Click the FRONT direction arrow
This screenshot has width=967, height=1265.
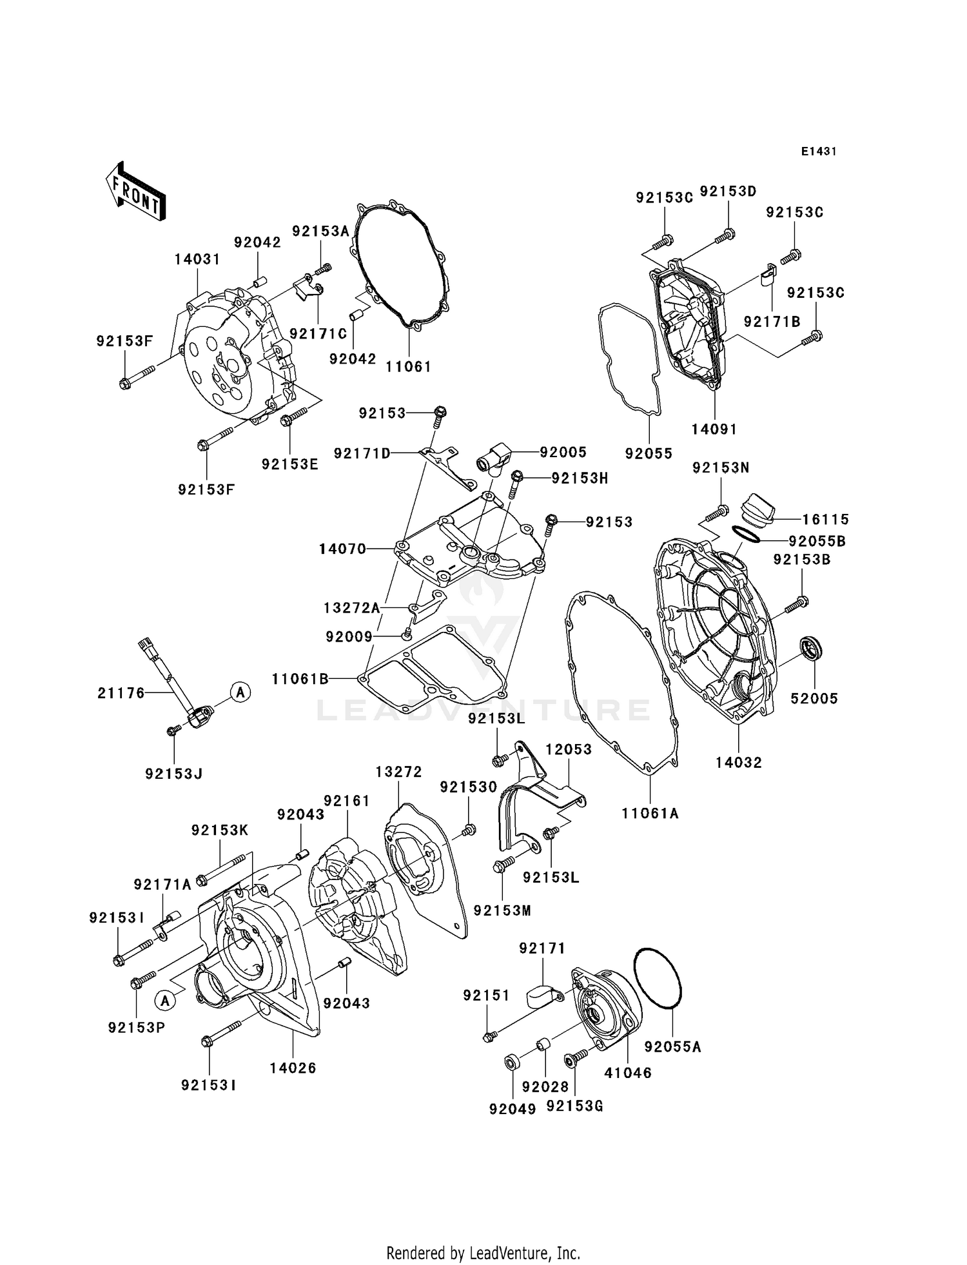click(x=135, y=193)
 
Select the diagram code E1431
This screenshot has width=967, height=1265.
click(x=818, y=152)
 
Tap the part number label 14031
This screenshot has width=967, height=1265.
click(x=197, y=259)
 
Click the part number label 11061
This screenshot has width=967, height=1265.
click(x=408, y=366)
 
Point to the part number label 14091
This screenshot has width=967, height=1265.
click(x=714, y=429)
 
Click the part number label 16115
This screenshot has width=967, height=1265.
click(x=825, y=519)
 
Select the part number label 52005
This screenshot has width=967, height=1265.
click(x=814, y=698)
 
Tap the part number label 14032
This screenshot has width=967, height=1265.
click(x=739, y=762)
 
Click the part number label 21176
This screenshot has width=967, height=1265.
click(x=121, y=693)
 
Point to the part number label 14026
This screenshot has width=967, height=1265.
click(x=293, y=1068)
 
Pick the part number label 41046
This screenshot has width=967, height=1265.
click(x=627, y=1073)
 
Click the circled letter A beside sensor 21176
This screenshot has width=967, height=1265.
click(x=240, y=692)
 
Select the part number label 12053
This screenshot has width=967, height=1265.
click(x=568, y=749)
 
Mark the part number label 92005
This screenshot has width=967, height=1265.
click(x=563, y=452)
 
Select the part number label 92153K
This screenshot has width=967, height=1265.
click(x=219, y=830)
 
